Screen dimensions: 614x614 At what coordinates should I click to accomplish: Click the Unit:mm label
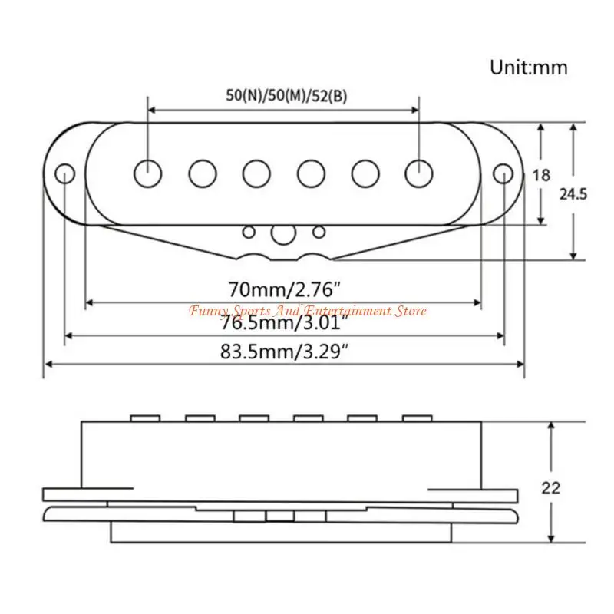click(x=529, y=68)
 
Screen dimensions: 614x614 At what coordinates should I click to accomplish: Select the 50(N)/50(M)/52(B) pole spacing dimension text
click(x=283, y=96)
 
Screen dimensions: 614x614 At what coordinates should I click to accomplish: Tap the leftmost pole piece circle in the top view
click(x=145, y=172)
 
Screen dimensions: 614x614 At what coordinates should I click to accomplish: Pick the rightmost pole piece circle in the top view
click(x=419, y=172)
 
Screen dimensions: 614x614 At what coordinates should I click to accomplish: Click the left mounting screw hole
click(x=65, y=172)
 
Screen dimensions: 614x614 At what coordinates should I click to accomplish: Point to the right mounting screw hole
click(x=502, y=172)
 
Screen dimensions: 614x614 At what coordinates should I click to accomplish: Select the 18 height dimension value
click(x=541, y=175)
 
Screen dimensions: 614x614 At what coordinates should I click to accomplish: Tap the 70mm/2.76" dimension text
click(x=284, y=290)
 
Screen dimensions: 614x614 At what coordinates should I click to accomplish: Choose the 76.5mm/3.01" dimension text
click(x=284, y=323)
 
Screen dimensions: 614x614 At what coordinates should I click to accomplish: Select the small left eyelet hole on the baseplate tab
click(x=249, y=231)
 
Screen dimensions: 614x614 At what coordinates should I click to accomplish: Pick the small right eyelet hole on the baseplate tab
click(x=319, y=231)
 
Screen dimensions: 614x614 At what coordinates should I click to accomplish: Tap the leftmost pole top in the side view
click(x=145, y=418)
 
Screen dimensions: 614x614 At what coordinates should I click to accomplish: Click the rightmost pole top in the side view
click(x=418, y=418)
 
